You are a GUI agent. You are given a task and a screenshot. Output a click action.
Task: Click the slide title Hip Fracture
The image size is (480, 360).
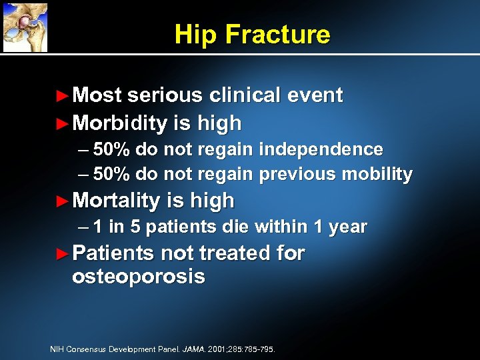(x=252, y=34)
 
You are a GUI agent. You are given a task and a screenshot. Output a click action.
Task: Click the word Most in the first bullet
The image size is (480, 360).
(x=97, y=95)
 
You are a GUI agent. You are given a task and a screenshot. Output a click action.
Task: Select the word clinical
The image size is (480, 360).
(x=245, y=95)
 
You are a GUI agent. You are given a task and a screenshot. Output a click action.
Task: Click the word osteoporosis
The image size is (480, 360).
(x=138, y=276)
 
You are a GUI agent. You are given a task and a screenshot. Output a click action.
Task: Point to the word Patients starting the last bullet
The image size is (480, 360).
(x=112, y=253)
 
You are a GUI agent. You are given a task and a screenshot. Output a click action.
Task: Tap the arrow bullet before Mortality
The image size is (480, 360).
(x=62, y=201)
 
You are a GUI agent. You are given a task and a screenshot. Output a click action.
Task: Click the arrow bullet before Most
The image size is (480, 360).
(x=62, y=96)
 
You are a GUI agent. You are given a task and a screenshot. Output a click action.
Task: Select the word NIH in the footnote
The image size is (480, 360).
(x=57, y=349)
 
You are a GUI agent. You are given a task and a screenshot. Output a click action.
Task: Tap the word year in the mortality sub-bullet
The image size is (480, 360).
(x=347, y=227)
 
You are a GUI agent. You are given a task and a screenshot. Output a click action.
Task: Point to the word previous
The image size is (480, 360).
(x=297, y=175)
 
